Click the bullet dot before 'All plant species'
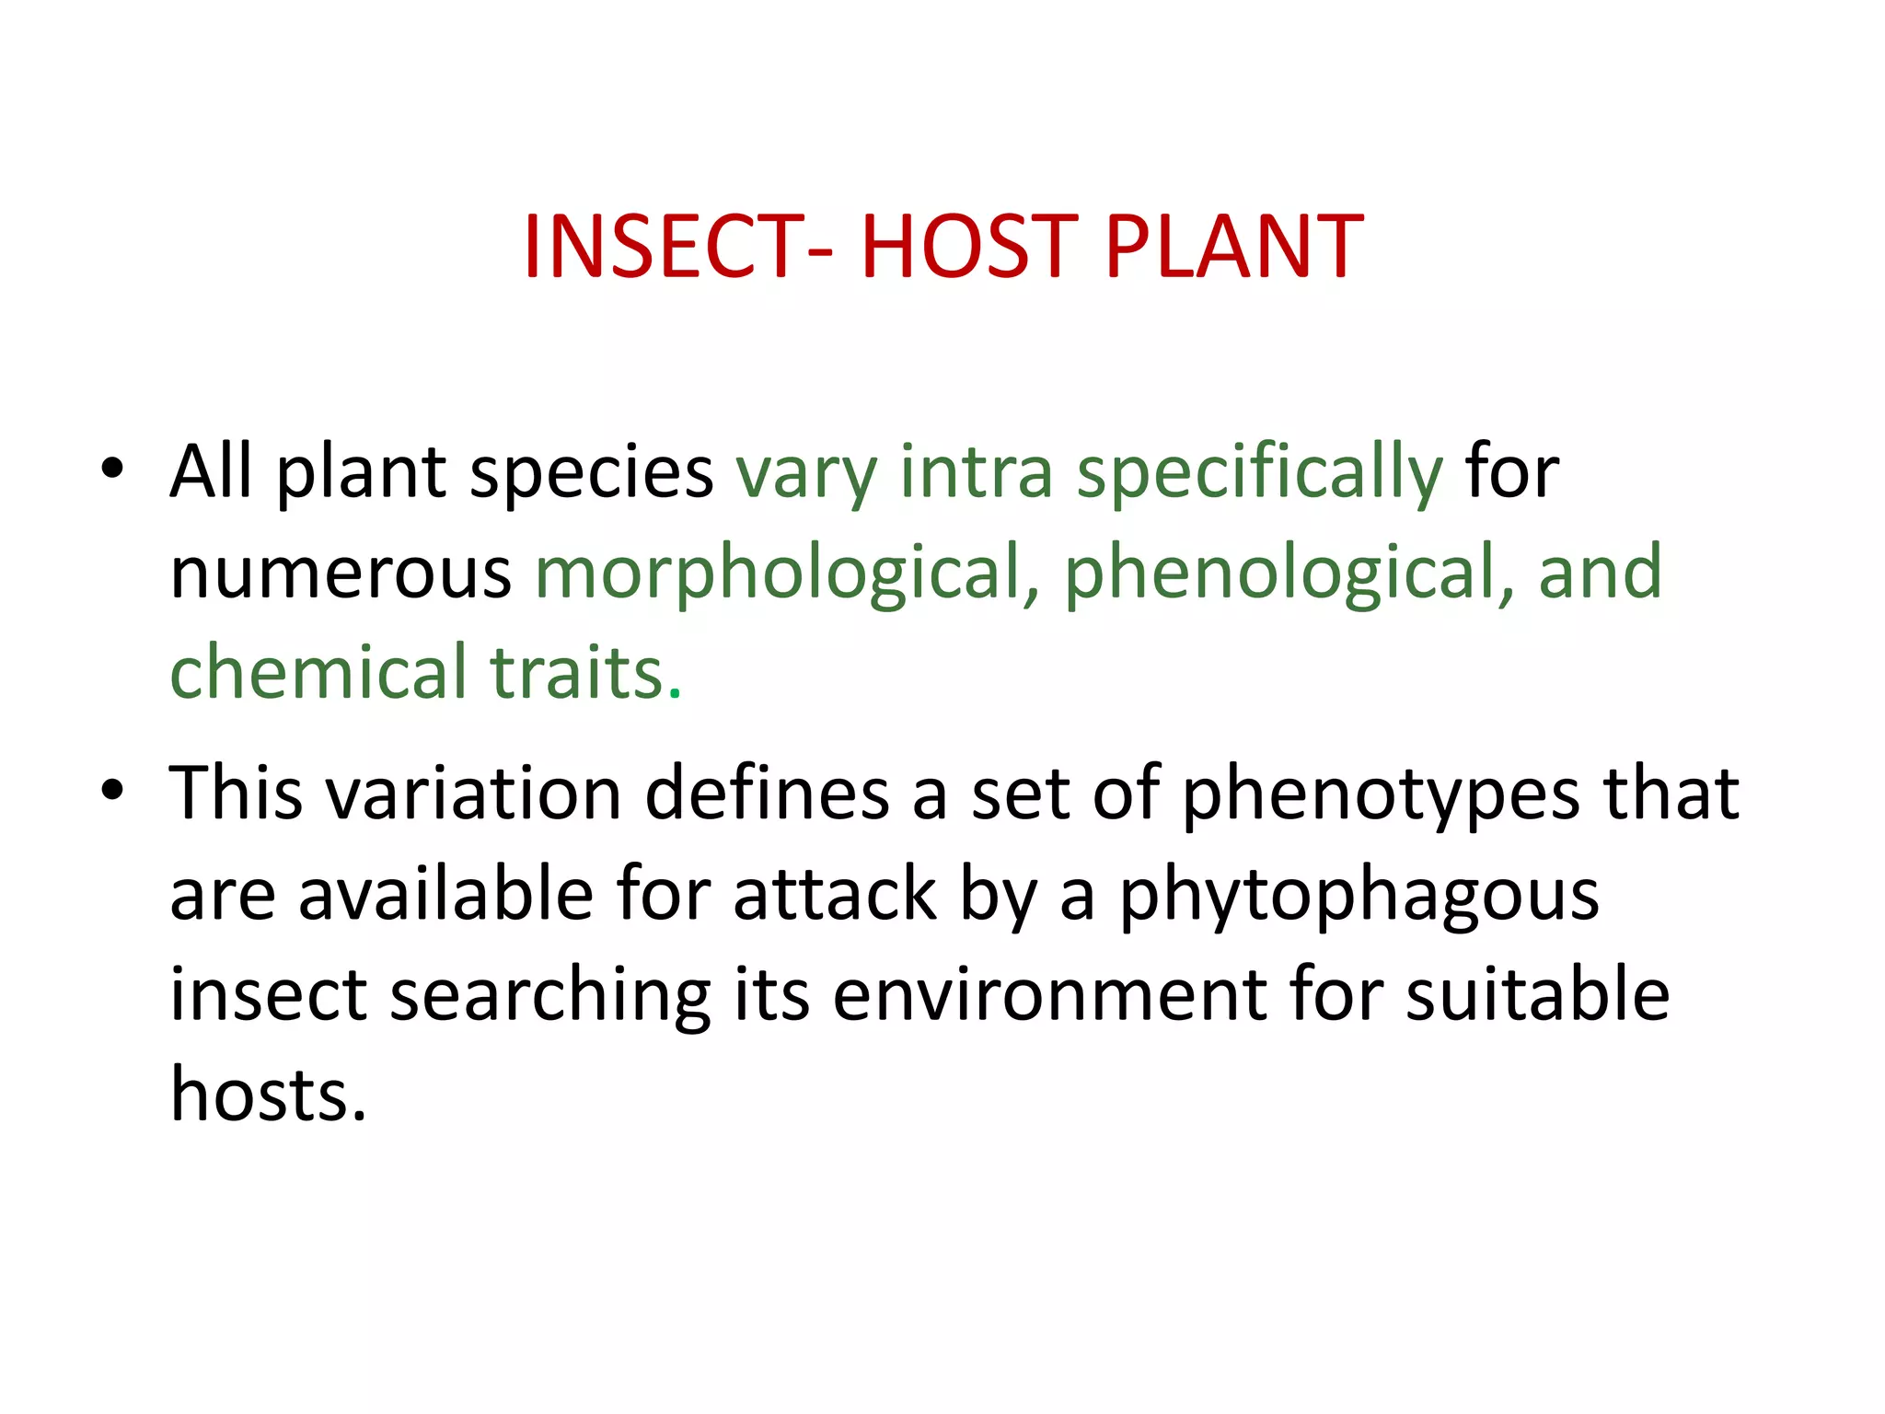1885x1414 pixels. [x=112, y=468]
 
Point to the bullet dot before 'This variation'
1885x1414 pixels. [x=112, y=790]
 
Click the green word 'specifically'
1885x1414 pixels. [x=1259, y=473]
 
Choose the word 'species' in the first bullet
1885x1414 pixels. [x=591, y=473]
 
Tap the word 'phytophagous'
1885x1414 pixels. [x=1359, y=896]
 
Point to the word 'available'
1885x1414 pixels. [x=446, y=894]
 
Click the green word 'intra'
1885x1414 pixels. [x=976, y=473]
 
